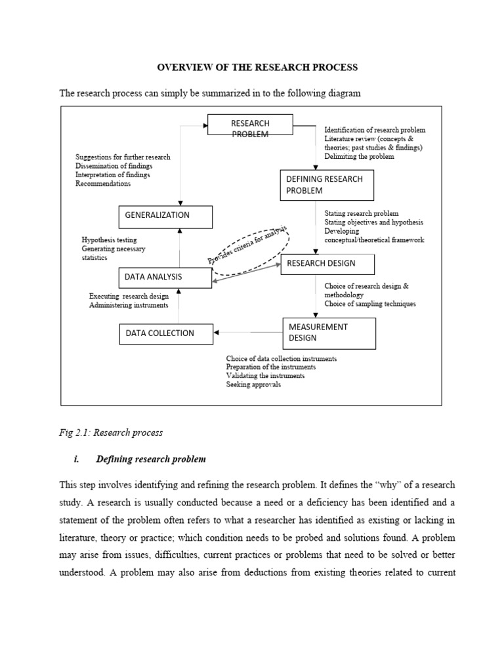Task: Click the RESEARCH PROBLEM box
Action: coord(250,125)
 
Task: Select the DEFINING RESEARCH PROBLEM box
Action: coord(327,184)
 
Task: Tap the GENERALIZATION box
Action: coord(165,217)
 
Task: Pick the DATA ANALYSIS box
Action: coord(165,278)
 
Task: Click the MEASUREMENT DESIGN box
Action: coord(329,333)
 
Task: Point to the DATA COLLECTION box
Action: coord(166,333)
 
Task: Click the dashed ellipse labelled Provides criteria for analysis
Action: coord(249,251)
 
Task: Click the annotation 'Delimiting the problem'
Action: coord(359,157)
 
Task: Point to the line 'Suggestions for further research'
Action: coord(123,157)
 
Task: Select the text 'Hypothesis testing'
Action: coord(109,240)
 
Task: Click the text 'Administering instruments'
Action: coord(129,305)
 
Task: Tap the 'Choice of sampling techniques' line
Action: coord(369,304)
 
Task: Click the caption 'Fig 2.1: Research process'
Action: coord(111,433)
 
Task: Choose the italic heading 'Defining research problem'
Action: coord(151,459)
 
